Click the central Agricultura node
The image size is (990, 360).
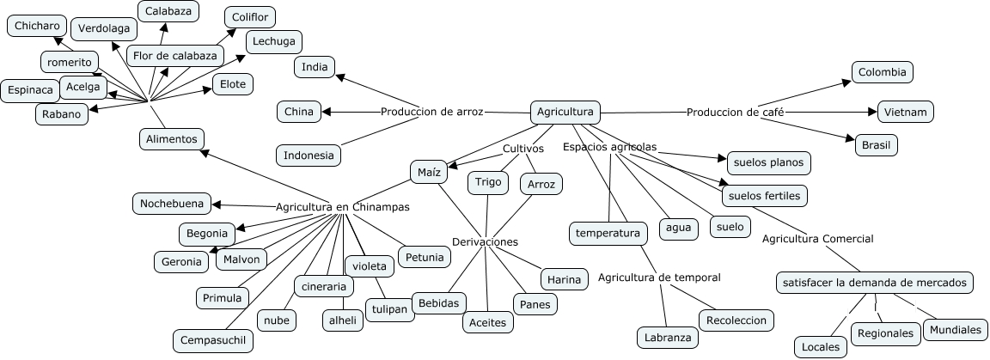click(x=565, y=112)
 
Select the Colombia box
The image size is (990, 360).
click(x=882, y=72)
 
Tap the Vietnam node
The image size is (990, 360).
click(x=906, y=112)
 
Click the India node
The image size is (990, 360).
click(x=315, y=67)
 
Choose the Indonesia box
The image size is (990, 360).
click(x=309, y=156)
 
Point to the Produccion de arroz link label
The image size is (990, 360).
click(x=432, y=111)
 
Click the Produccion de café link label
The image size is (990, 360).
click(x=736, y=112)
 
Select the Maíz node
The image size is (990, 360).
click(x=429, y=172)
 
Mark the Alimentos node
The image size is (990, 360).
click(x=171, y=138)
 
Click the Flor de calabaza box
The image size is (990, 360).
click(x=175, y=56)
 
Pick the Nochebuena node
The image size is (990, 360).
click(x=172, y=204)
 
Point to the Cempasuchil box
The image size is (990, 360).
click(x=213, y=340)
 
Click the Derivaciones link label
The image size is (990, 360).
click(x=486, y=242)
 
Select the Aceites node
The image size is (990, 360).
click(x=488, y=322)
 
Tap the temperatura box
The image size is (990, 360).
click(x=608, y=233)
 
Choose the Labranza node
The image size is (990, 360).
click(x=668, y=338)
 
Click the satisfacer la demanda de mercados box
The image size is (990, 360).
click(x=875, y=282)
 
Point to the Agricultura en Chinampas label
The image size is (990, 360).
click(x=343, y=207)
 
